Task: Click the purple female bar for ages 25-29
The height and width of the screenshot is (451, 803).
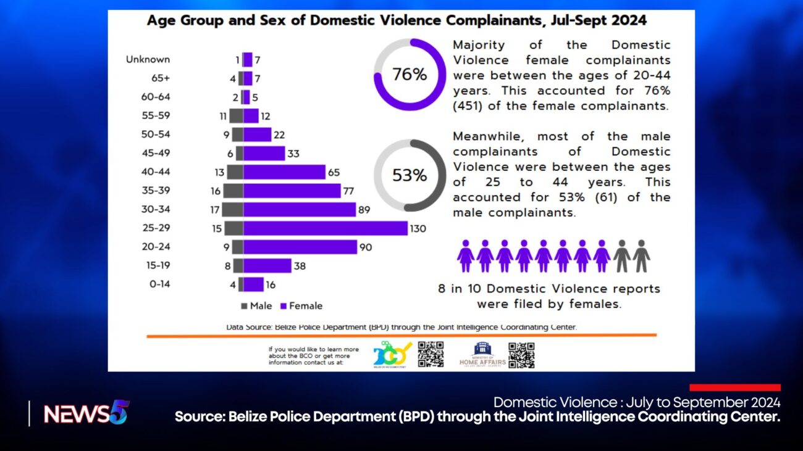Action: [326, 228]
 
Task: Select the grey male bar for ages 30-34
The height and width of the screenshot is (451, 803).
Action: [233, 210]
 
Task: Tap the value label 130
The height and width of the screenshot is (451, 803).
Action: [418, 229]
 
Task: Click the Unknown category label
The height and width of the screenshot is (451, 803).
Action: [148, 60]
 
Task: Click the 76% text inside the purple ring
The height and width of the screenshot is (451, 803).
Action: [410, 75]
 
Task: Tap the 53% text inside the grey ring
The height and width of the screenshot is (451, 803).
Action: [410, 176]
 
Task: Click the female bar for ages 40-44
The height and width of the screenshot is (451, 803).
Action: [284, 172]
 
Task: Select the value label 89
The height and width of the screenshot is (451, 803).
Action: [364, 210]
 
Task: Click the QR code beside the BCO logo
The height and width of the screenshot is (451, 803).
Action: [431, 355]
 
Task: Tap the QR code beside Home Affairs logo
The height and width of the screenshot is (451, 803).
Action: [521, 355]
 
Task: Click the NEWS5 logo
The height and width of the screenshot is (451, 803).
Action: [85, 413]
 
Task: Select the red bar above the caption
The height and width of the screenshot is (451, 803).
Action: [735, 387]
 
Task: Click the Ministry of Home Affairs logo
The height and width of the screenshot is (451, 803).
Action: [482, 355]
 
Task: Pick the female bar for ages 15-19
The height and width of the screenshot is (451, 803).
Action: [267, 266]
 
